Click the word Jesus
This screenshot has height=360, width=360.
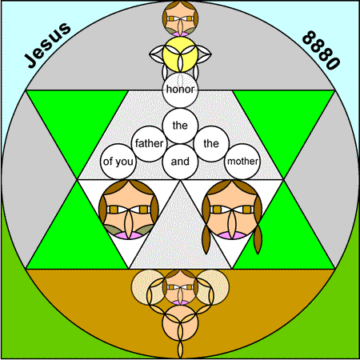48,45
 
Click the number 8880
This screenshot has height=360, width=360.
322,50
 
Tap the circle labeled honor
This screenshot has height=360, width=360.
180,90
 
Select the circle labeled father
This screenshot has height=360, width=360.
149,144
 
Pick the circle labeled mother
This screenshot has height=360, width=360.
242,162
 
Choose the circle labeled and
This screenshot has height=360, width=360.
180,162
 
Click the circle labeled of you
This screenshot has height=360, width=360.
118,162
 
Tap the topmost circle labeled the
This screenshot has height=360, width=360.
180,126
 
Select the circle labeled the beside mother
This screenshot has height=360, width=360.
211,144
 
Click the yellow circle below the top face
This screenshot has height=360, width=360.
180,54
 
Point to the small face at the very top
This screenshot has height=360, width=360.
180,18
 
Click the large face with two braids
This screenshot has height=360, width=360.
232,210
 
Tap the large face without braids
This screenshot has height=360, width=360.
129,210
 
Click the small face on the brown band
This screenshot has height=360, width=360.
180,287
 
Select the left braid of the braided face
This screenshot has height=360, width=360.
206,240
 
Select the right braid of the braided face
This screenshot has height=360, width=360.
258,240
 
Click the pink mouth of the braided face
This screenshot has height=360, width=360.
231,235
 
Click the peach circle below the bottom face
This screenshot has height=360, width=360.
180,323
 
